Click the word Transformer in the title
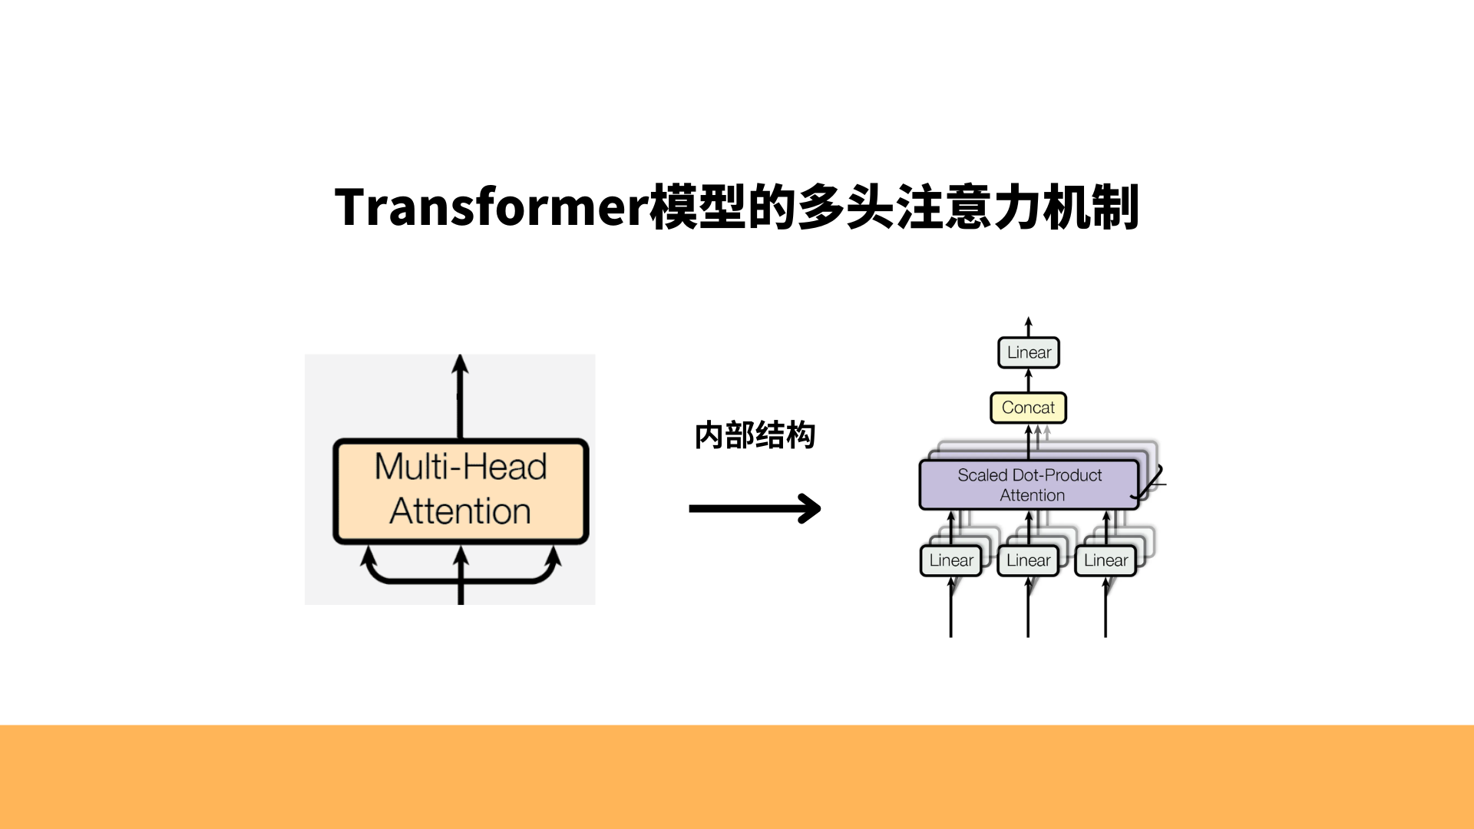491,207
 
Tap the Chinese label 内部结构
755,435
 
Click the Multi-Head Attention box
461,490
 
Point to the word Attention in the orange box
461,511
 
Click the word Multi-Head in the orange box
461,467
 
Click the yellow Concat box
1028,408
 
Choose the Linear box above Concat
1029,352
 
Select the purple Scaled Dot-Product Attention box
1029,484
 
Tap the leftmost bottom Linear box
951,560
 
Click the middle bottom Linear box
1028,560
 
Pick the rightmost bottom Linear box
1105,560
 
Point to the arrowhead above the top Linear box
1029,323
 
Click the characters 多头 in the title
845,207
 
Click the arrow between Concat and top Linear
1029,380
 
